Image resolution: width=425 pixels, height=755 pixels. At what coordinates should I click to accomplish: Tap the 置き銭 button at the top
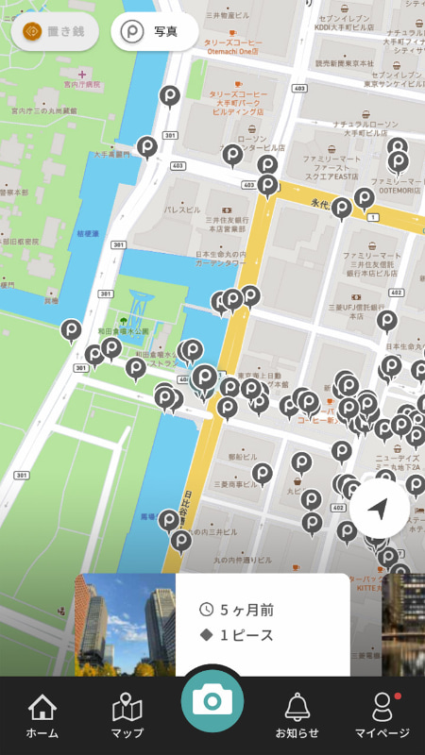[x=55, y=31]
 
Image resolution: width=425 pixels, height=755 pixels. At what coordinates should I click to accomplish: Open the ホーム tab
[x=42, y=716]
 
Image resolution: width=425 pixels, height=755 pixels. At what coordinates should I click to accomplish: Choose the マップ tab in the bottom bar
[x=127, y=716]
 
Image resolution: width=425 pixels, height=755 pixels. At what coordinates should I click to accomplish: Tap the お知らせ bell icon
[x=297, y=716]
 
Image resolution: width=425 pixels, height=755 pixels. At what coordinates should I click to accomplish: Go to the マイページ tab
[x=382, y=716]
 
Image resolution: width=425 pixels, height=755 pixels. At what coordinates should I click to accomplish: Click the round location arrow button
[x=379, y=510]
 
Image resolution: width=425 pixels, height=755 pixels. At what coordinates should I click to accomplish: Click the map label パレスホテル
[x=183, y=210]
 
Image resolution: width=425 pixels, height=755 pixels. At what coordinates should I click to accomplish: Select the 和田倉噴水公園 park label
[x=123, y=331]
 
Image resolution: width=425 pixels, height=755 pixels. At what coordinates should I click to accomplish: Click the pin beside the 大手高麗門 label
[x=147, y=146]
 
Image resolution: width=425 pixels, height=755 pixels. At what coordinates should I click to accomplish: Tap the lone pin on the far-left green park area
[x=72, y=329]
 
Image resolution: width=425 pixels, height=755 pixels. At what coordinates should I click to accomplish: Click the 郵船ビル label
[x=243, y=457]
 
